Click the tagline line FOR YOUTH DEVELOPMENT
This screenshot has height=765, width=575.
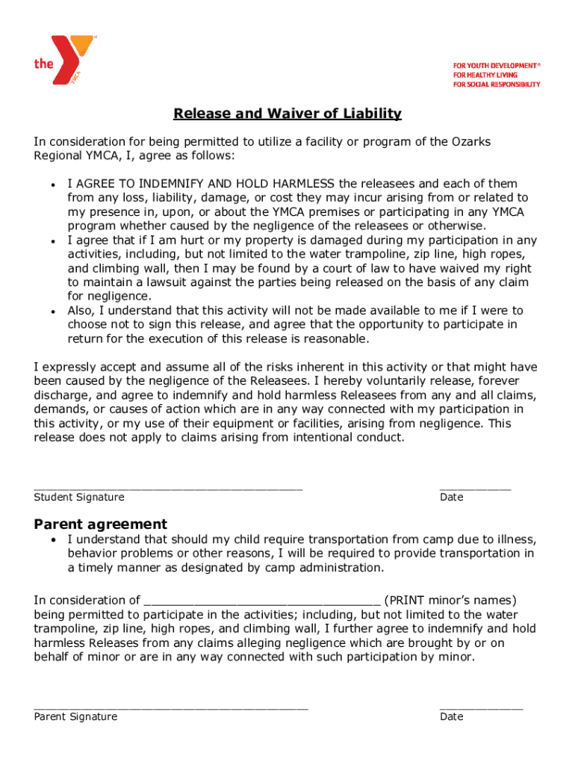click(496, 66)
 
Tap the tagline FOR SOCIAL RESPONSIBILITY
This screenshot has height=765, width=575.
click(497, 84)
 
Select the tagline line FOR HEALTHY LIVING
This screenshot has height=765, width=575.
click(486, 75)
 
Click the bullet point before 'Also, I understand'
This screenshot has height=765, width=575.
click(53, 311)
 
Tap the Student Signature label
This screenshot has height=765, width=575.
click(79, 498)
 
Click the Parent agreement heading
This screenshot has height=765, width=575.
click(101, 524)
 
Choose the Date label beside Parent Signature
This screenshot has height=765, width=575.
click(452, 717)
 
